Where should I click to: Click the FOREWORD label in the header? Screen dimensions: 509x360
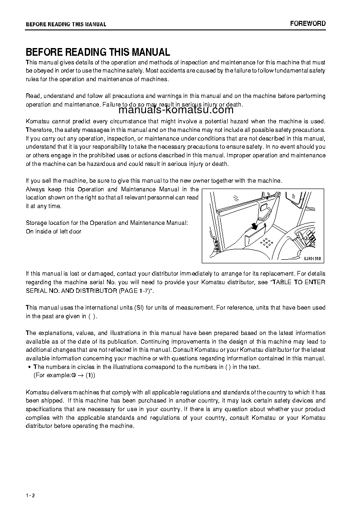(x=308, y=24)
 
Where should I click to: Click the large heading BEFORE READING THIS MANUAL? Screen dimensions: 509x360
(x=98, y=52)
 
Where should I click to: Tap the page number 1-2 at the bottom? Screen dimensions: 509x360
(x=30, y=496)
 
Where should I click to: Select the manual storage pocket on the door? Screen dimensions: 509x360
(x=255, y=237)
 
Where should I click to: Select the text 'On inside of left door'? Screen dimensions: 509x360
(x=54, y=232)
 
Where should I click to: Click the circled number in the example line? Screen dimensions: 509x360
(x=73, y=376)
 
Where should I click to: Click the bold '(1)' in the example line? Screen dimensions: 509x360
(x=90, y=376)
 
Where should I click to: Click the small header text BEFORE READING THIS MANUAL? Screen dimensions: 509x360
(x=66, y=24)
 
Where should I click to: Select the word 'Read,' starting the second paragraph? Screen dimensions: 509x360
(x=34, y=96)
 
